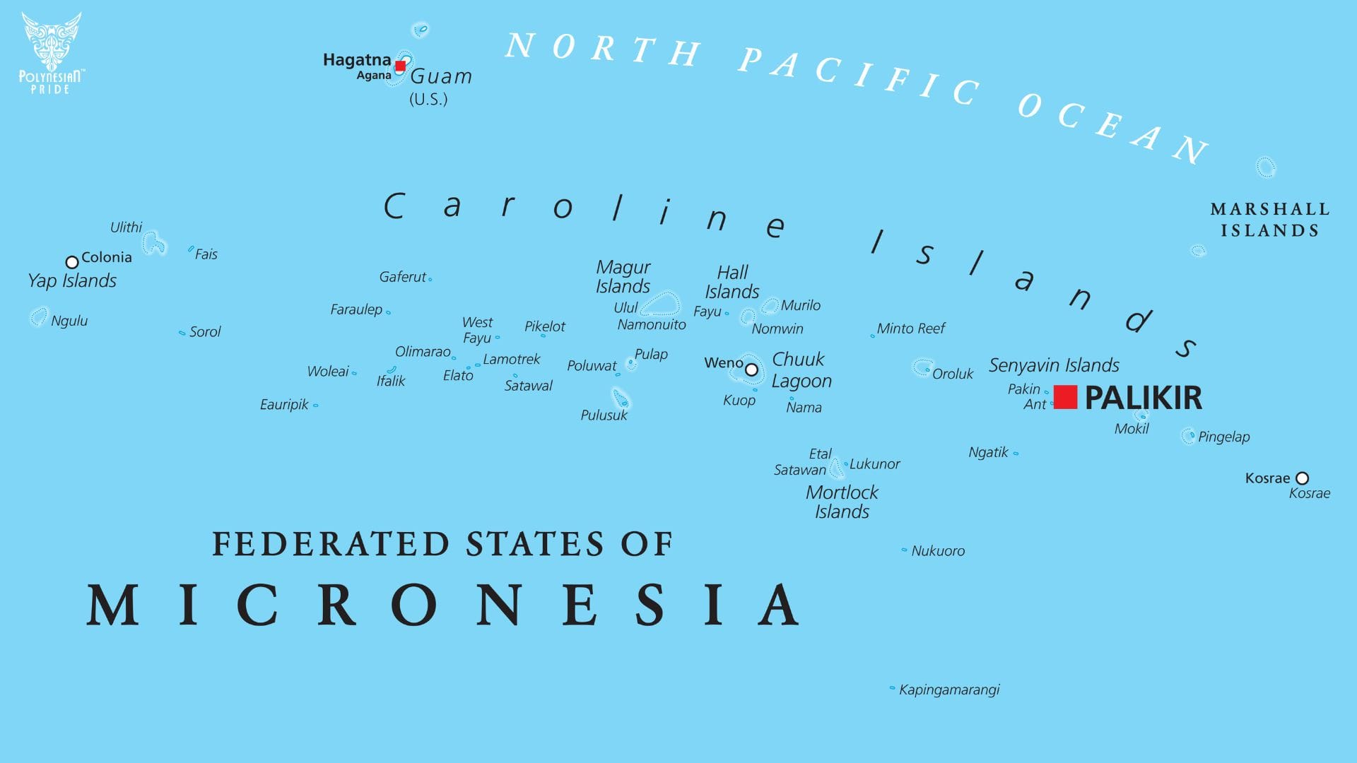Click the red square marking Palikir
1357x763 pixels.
tap(1065, 397)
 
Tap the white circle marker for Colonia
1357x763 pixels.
tap(71, 262)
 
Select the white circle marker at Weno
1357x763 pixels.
tap(751, 369)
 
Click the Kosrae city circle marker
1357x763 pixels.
tap(1302, 478)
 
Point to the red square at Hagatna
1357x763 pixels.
tap(400, 66)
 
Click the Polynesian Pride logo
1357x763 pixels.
tap(51, 53)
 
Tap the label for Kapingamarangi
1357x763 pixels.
tap(948, 690)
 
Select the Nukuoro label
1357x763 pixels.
tap(937, 551)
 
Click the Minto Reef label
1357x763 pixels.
tap(910, 329)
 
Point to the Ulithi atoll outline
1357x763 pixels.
tap(153, 244)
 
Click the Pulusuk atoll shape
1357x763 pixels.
tap(621, 399)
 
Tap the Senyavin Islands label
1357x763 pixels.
tap(1053, 365)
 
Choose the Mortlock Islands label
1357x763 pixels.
tap(842, 502)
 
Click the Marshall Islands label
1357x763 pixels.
tap(1270, 220)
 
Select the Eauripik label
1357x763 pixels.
tap(284, 405)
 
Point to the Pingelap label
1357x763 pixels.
tap(1223, 437)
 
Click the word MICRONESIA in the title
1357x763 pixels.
tap(443, 605)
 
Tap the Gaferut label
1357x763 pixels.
tap(403, 277)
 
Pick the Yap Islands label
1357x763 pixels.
tap(72, 280)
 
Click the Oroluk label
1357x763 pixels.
tap(952, 374)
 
